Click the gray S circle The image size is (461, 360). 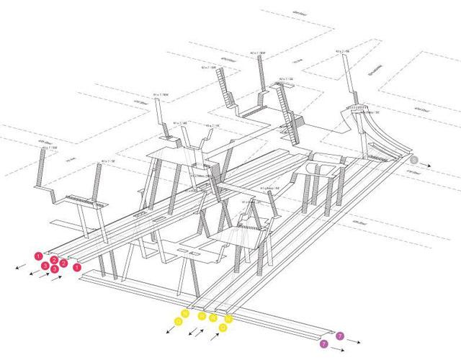pos(414,160)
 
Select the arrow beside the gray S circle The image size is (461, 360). pos(427,165)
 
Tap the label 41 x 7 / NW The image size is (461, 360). pos(160,94)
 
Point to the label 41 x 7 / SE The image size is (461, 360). pos(108,161)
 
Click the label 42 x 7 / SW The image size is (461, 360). pos(49,148)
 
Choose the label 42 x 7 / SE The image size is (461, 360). pos(342,52)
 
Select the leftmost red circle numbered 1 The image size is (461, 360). pos(38,256)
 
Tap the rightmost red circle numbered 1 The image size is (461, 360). pos(77,267)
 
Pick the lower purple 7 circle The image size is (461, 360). pos(323,344)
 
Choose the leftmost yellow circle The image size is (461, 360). pos(176,322)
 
